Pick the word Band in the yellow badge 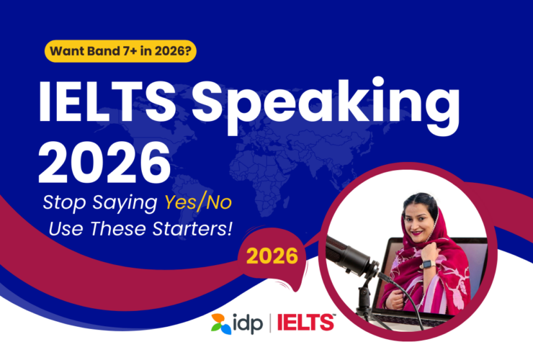(99, 52)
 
